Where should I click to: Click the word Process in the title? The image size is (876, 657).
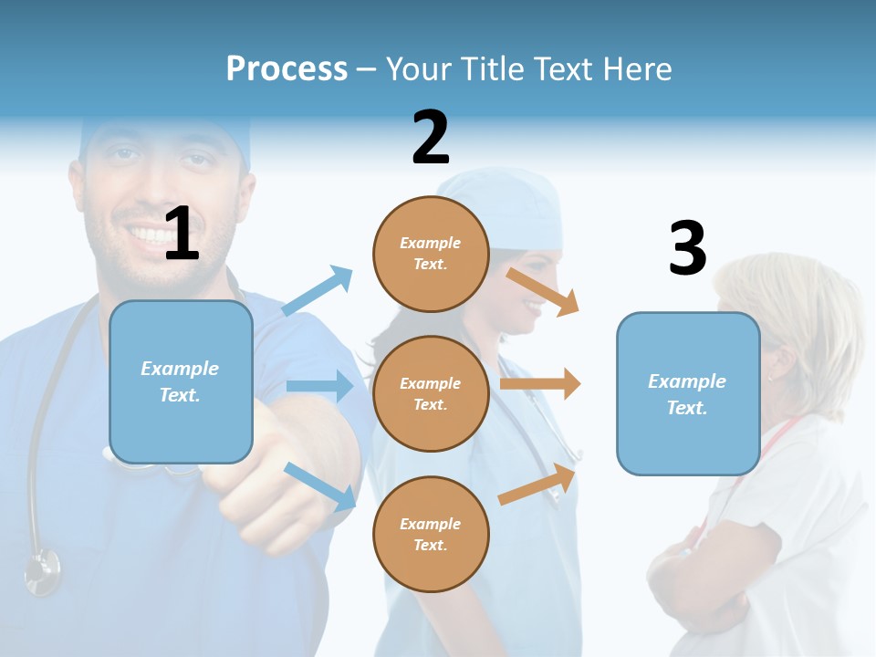(x=287, y=68)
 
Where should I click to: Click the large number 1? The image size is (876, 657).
(x=182, y=234)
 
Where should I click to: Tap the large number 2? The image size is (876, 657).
(x=431, y=138)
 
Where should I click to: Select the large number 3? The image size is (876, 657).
(x=687, y=249)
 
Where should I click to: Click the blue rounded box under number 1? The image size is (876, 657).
(x=181, y=381)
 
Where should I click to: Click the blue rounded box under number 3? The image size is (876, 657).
(x=688, y=393)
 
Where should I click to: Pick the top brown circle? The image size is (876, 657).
(x=431, y=254)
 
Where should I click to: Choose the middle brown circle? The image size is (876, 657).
(x=431, y=393)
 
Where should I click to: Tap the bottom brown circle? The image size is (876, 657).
(x=431, y=534)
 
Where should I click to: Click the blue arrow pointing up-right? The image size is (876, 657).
(x=318, y=291)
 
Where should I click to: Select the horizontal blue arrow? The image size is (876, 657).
(x=319, y=386)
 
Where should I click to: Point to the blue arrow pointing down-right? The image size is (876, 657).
(x=320, y=486)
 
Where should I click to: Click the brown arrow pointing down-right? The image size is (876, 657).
(x=543, y=290)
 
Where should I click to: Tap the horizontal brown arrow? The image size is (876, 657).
(x=539, y=384)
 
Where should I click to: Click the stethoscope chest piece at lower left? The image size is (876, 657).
(x=42, y=570)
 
